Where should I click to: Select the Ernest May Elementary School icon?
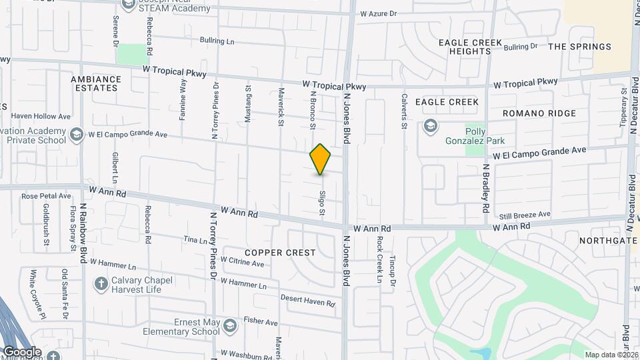pos(229,326)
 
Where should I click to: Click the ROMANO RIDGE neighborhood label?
pos(539,113)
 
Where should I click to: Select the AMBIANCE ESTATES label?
pos(96,83)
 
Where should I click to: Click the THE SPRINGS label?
pos(579,47)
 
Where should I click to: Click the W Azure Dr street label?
pos(378,13)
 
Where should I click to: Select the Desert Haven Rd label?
pos(307,301)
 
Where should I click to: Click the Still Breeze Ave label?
pos(525,215)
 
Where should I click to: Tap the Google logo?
pos(22,352)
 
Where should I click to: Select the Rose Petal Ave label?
pos(46,196)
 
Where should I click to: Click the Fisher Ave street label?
pos(261,321)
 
